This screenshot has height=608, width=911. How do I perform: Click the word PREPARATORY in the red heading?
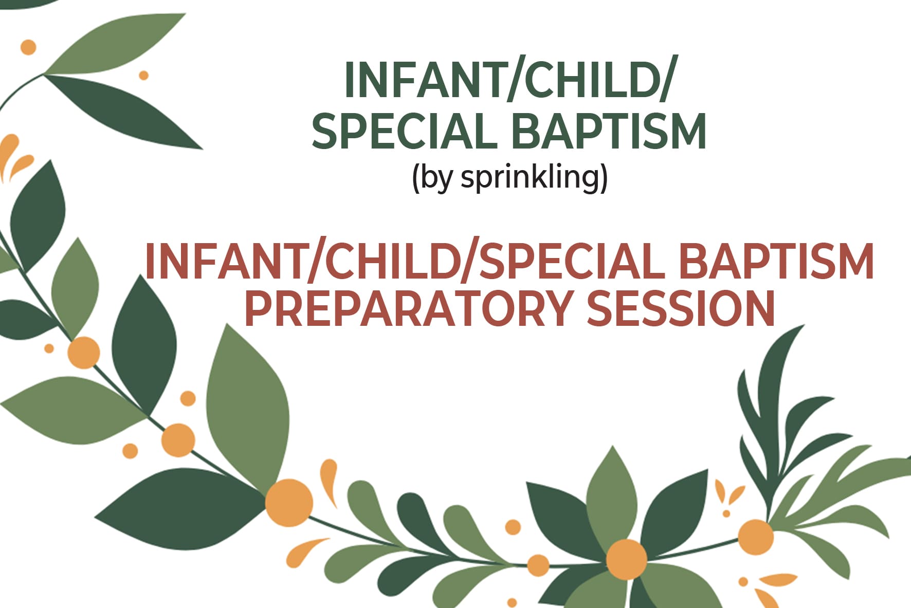(x=408, y=309)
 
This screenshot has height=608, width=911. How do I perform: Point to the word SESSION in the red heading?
(x=681, y=309)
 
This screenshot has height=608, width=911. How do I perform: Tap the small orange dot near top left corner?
(x=28, y=47)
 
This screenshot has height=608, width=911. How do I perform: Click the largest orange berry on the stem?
(x=289, y=502)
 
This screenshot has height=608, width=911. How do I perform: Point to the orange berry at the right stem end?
(x=755, y=537)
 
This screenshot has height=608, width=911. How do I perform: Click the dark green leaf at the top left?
(x=123, y=110)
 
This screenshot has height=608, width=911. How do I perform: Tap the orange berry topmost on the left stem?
(x=83, y=352)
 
